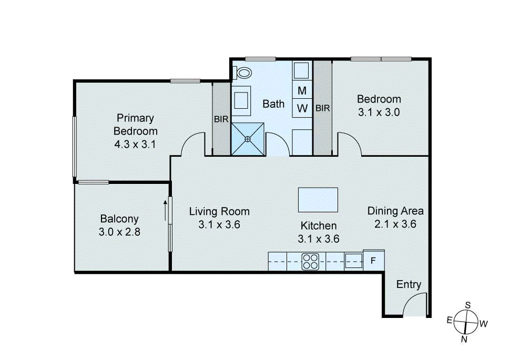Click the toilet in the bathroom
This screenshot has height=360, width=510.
tap(243, 72)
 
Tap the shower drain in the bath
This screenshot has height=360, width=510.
tap(248, 139)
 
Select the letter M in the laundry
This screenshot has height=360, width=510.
tap(302, 90)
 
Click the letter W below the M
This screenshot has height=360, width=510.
tap(302, 108)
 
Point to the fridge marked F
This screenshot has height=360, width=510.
tap(373, 261)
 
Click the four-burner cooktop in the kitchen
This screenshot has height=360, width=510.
tap(311, 261)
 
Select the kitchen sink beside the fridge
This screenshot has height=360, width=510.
tap(353, 261)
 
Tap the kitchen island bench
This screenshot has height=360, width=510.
tap(318, 199)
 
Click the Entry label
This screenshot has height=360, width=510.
tap(409, 284)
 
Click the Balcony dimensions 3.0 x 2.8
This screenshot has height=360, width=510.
tap(119, 231)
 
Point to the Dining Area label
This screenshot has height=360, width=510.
tap(395, 211)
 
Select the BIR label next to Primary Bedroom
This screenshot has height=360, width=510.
tap(221, 119)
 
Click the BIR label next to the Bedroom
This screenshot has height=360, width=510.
tap(322, 108)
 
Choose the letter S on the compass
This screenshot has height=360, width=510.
tap(467, 305)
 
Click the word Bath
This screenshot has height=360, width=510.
tap(273, 104)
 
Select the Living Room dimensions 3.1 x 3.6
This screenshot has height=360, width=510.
tap(219, 225)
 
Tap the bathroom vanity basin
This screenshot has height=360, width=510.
tap(242, 99)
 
